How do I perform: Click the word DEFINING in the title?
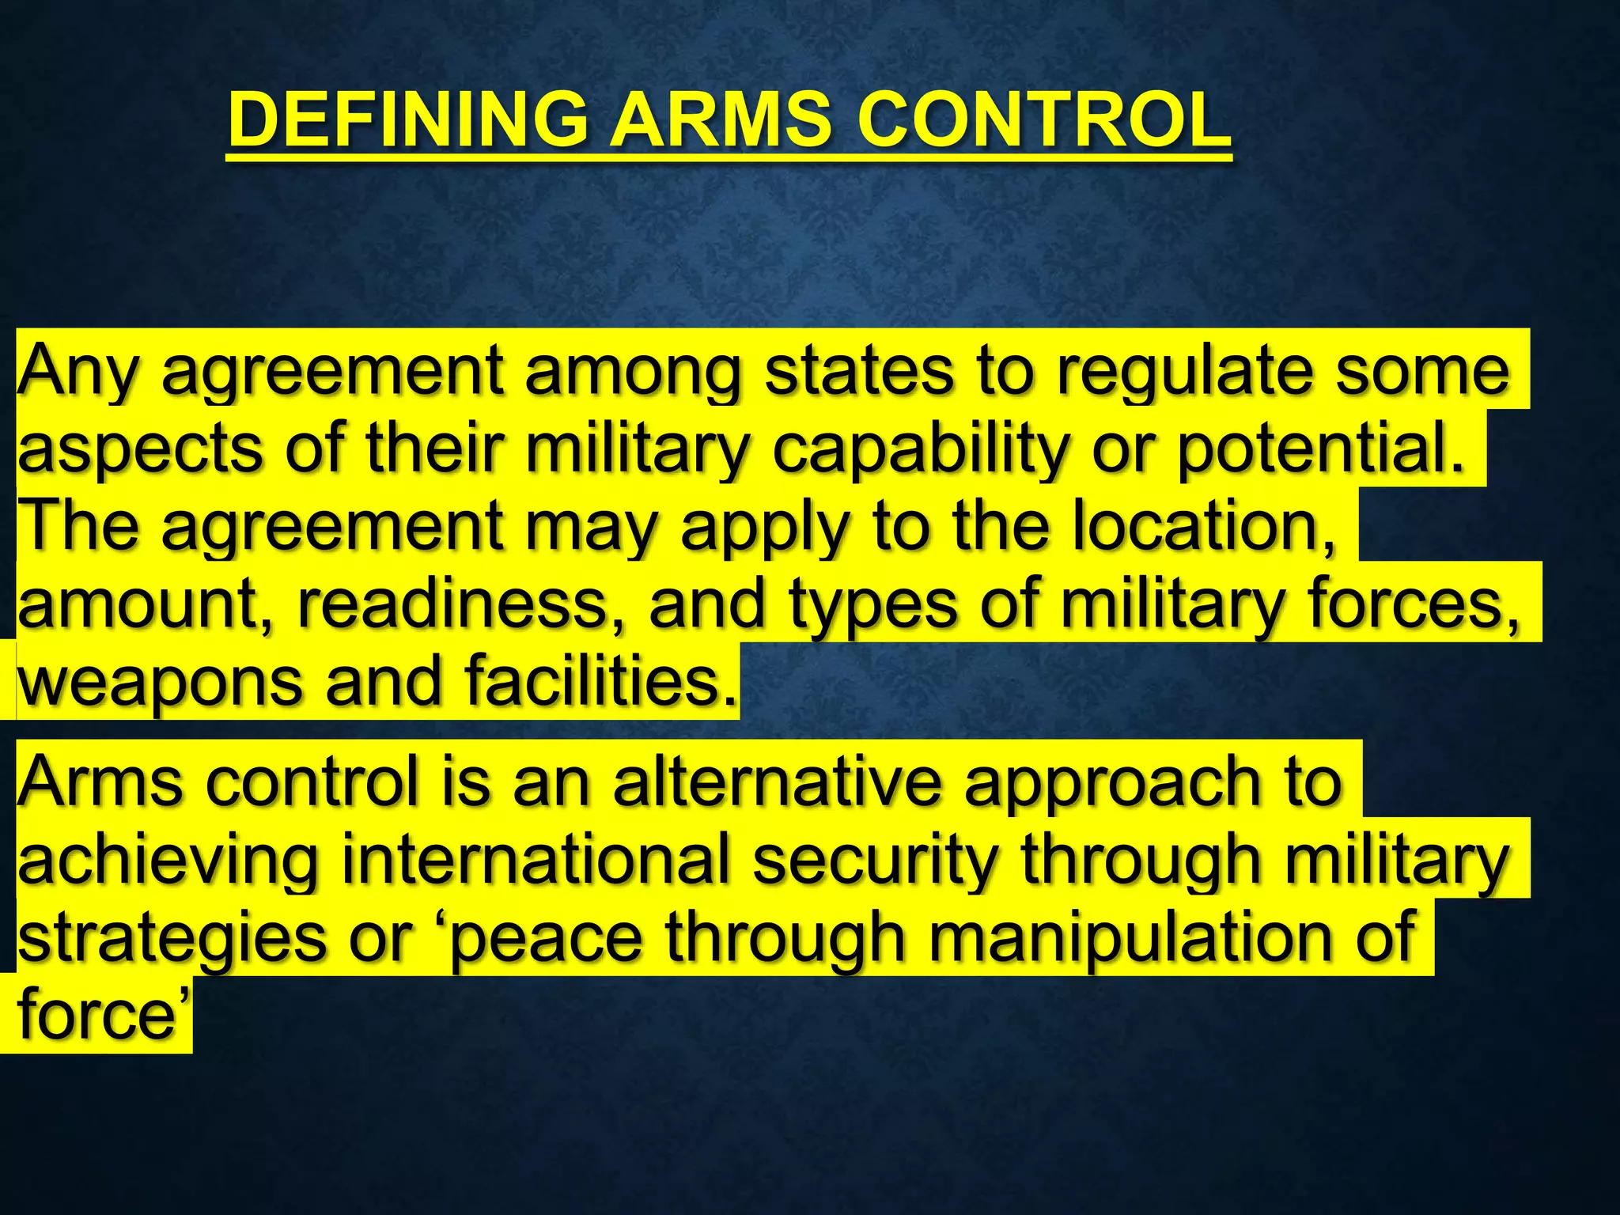pos(407,120)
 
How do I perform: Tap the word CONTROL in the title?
pos(1044,120)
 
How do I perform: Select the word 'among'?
pos(633,372)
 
